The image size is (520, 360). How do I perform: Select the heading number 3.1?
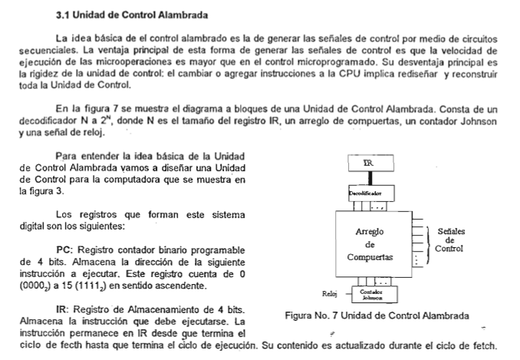pyautogui.click(x=64, y=15)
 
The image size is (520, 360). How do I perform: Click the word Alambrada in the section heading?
pyautogui.click(x=185, y=15)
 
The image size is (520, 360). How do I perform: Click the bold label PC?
pyautogui.click(x=64, y=249)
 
